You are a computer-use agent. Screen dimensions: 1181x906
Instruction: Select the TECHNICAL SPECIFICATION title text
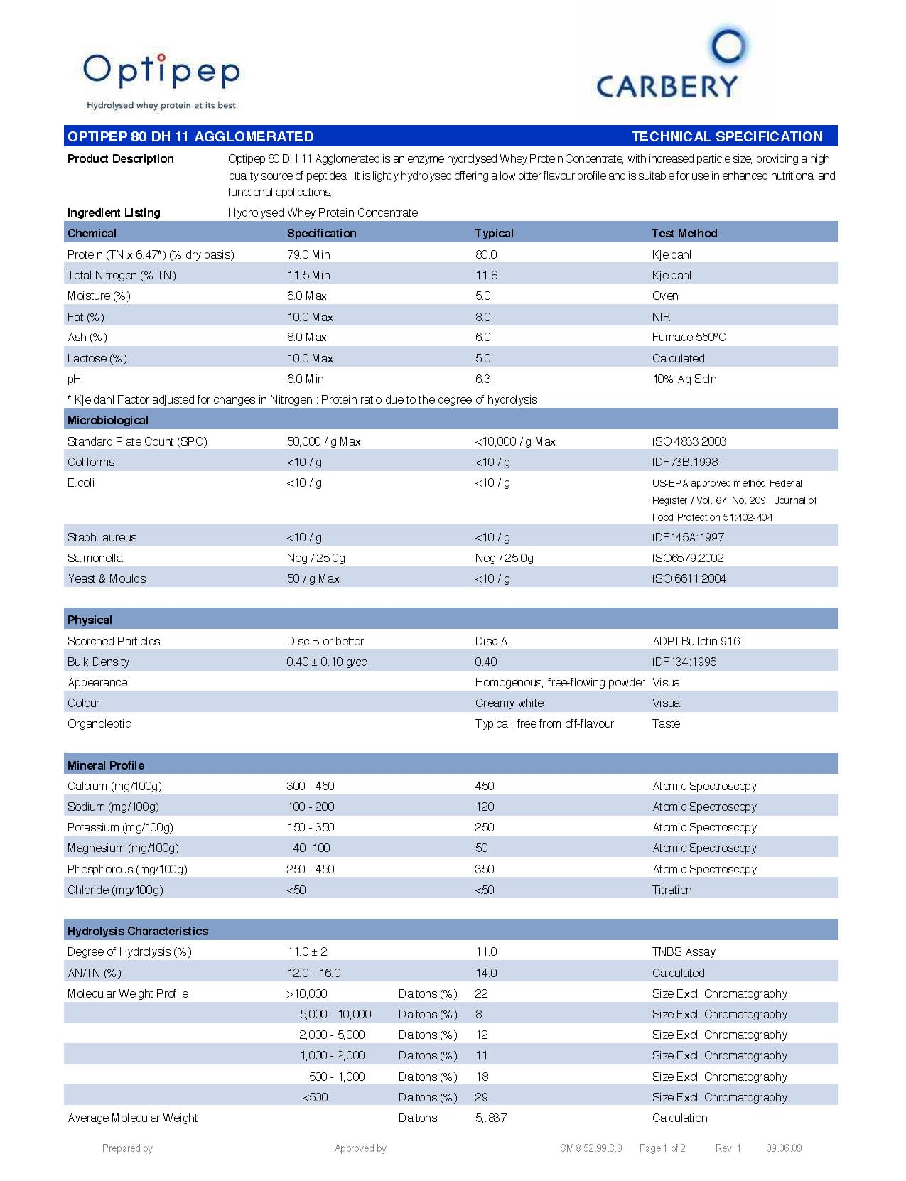[727, 136]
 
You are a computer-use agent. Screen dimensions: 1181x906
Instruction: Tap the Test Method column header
[684, 233]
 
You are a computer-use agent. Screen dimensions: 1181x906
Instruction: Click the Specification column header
[321, 233]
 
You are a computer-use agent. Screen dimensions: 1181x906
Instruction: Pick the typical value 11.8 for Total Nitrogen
[486, 275]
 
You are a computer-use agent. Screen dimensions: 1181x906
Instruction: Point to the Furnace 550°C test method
[689, 337]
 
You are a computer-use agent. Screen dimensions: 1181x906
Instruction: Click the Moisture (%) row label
[99, 296]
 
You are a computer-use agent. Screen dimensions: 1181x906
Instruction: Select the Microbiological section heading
[108, 420]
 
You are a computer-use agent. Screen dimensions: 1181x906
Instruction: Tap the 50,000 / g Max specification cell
[323, 441]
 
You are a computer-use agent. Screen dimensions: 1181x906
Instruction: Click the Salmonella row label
[95, 558]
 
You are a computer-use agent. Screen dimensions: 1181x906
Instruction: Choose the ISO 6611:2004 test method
[689, 578]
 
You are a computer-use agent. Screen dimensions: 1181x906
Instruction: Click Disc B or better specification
[325, 641]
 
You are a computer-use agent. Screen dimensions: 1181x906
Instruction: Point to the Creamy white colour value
[509, 703]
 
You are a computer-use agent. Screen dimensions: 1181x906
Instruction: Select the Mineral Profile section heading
[106, 765]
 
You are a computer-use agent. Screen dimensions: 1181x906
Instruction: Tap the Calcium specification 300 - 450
[310, 786]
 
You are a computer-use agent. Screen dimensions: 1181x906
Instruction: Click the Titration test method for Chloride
[672, 890]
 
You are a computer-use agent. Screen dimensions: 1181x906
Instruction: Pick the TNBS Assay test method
[684, 951]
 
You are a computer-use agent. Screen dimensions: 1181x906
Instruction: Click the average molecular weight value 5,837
[490, 1118]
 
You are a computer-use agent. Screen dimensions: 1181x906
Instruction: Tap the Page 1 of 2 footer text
[662, 1148]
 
